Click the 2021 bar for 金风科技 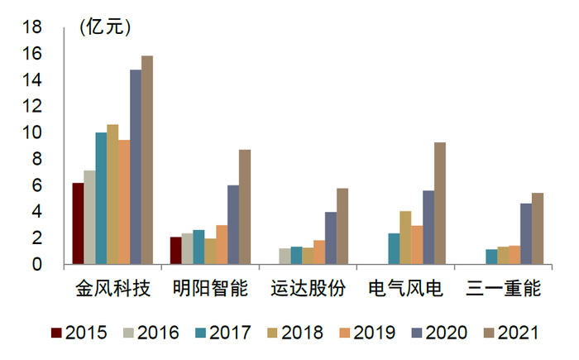[x=147, y=161]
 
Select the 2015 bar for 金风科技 [x=78, y=224]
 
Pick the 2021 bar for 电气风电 [x=440, y=204]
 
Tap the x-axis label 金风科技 [x=112, y=289]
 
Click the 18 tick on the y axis [x=31, y=27]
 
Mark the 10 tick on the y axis [x=31, y=132]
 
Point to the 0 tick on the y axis [x=36, y=265]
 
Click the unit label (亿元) [x=105, y=26]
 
